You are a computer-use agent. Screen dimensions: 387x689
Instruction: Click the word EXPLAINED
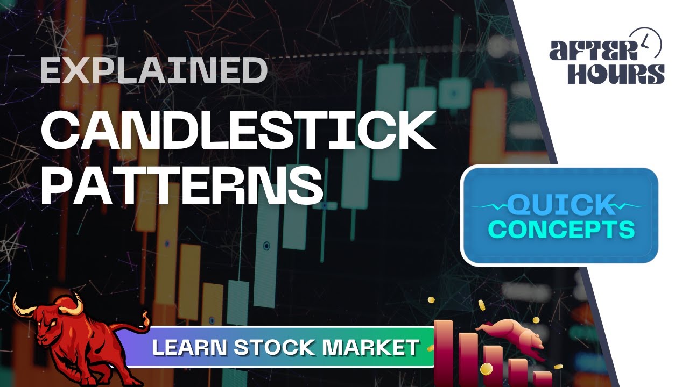[x=154, y=70]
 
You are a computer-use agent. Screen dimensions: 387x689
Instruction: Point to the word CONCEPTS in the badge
[x=561, y=230]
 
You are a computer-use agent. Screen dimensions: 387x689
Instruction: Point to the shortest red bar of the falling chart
[x=543, y=378]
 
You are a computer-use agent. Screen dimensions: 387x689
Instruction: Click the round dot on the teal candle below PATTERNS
[x=266, y=246]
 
